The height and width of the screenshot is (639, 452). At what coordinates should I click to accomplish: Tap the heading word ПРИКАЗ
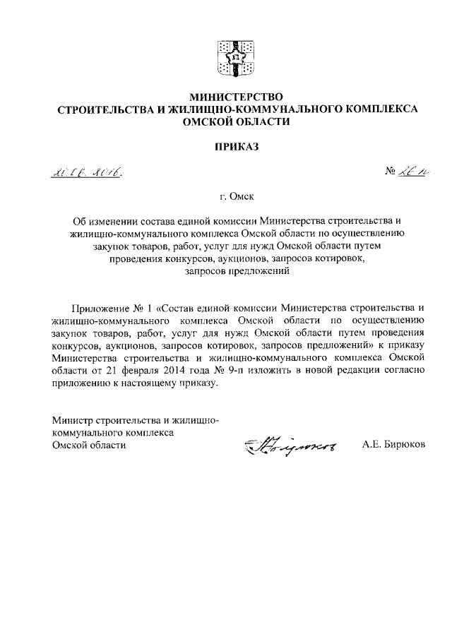click(226, 148)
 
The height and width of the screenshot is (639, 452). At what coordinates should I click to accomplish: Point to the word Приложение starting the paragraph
click(101, 307)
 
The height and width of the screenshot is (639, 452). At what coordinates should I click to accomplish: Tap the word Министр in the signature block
click(73, 420)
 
